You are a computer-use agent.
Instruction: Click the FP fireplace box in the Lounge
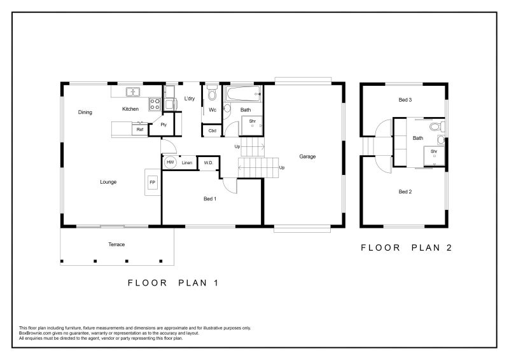click(x=152, y=182)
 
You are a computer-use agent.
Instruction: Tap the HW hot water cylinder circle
click(x=170, y=162)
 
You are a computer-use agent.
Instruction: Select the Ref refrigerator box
click(x=140, y=129)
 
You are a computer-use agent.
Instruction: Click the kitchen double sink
click(x=133, y=92)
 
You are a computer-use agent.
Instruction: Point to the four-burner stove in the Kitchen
click(x=155, y=104)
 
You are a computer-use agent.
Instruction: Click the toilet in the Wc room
click(x=213, y=92)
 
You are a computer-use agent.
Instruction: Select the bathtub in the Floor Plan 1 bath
click(x=244, y=93)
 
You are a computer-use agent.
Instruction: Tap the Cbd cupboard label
click(x=213, y=131)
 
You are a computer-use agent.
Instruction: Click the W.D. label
click(x=209, y=163)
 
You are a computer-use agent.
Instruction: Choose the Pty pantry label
click(x=164, y=125)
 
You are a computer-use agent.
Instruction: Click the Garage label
click(x=307, y=156)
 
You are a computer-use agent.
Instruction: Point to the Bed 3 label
click(x=405, y=100)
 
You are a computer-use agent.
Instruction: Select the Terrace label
click(x=116, y=244)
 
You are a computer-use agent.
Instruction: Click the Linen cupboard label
click(x=187, y=163)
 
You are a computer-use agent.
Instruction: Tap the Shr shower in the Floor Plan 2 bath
click(x=434, y=156)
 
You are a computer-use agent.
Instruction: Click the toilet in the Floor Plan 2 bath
click(x=438, y=127)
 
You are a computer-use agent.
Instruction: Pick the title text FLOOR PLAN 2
click(x=407, y=247)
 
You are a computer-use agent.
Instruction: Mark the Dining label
click(x=85, y=113)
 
